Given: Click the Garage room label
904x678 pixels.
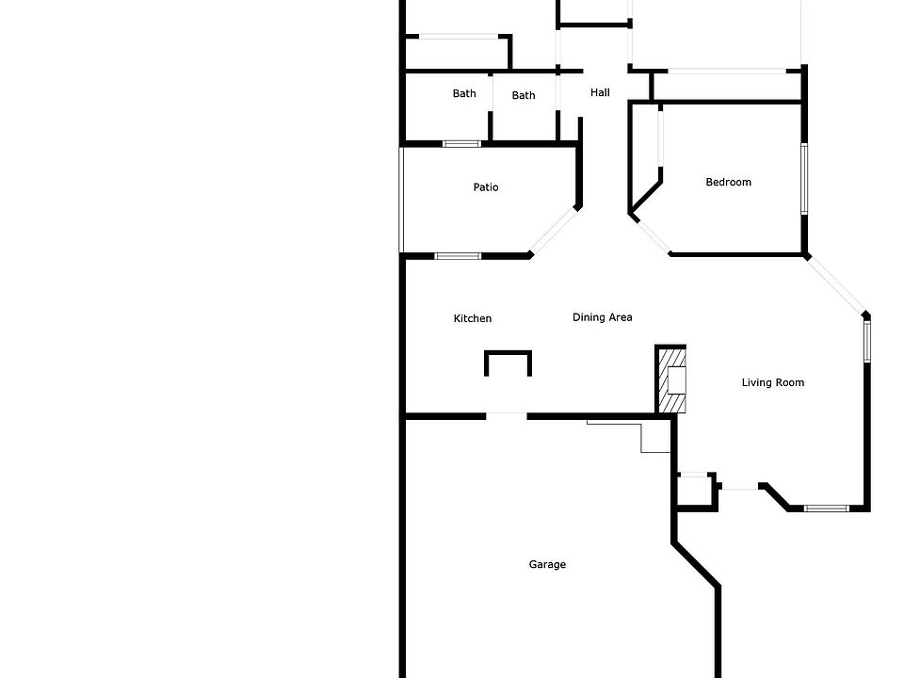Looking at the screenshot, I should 547,565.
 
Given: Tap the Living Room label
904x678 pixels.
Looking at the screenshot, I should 773,382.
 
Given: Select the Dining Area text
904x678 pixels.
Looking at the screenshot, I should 602,317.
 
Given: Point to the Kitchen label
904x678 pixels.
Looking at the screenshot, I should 473,318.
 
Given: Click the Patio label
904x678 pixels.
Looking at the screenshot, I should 486,187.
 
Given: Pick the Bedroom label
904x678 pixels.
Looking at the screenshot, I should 729,182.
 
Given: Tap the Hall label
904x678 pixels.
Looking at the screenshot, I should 600,92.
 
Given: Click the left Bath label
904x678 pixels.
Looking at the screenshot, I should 464,93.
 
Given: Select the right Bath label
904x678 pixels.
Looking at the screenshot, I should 524,95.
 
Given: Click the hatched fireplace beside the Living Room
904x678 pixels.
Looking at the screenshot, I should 671,379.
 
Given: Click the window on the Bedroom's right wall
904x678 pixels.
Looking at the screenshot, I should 804,179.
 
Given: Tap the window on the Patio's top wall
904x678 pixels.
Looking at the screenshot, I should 461,144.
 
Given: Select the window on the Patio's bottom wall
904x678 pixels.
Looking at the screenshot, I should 458,256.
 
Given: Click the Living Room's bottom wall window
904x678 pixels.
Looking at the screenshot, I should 826,508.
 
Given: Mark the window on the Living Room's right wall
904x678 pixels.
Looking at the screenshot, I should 867,341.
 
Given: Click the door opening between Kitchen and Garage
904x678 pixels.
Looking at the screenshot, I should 507,414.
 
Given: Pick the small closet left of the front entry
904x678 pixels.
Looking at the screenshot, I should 696,490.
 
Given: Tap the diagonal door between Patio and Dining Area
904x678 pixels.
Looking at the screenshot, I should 554,231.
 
